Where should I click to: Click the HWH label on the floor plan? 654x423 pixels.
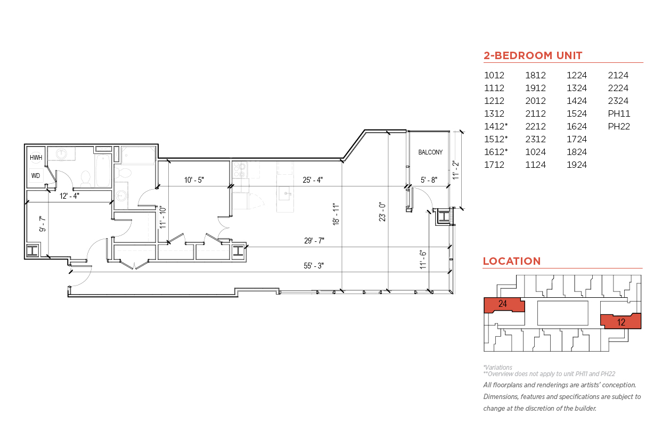pyautogui.click(x=36, y=158)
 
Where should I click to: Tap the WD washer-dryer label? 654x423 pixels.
pyautogui.click(x=36, y=176)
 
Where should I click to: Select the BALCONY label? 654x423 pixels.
pyautogui.click(x=430, y=152)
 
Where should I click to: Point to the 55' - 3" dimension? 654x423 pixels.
pyautogui.click(x=314, y=266)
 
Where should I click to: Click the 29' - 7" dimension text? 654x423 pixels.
pyautogui.click(x=314, y=241)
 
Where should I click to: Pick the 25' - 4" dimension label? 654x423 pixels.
pyautogui.click(x=313, y=180)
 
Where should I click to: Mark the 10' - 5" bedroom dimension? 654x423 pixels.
pyautogui.click(x=194, y=180)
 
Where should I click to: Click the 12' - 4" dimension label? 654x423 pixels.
pyautogui.click(x=69, y=196)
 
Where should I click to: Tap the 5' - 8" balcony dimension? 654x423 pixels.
pyautogui.click(x=429, y=180)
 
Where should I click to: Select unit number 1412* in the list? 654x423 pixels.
pyautogui.click(x=496, y=126)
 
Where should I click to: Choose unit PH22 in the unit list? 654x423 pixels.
pyautogui.click(x=619, y=126)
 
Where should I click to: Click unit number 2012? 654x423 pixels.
pyautogui.click(x=535, y=101)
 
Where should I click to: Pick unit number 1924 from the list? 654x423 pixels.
pyautogui.click(x=577, y=165)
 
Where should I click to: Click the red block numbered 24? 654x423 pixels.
pyautogui.click(x=504, y=305)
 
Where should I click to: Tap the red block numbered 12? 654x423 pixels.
pyautogui.click(x=621, y=321)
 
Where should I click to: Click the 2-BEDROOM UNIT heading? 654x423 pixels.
pyautogui.click(x=533, y=55)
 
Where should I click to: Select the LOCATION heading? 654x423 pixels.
pyautogui.click(x=512, y=261)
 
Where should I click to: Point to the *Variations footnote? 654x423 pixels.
pyautogui.click(x=498, y=367)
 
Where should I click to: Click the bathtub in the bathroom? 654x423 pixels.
pyautogui.click(x=103, y=170)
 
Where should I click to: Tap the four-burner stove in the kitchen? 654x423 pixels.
pyautogui.click(x=240, y=170)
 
